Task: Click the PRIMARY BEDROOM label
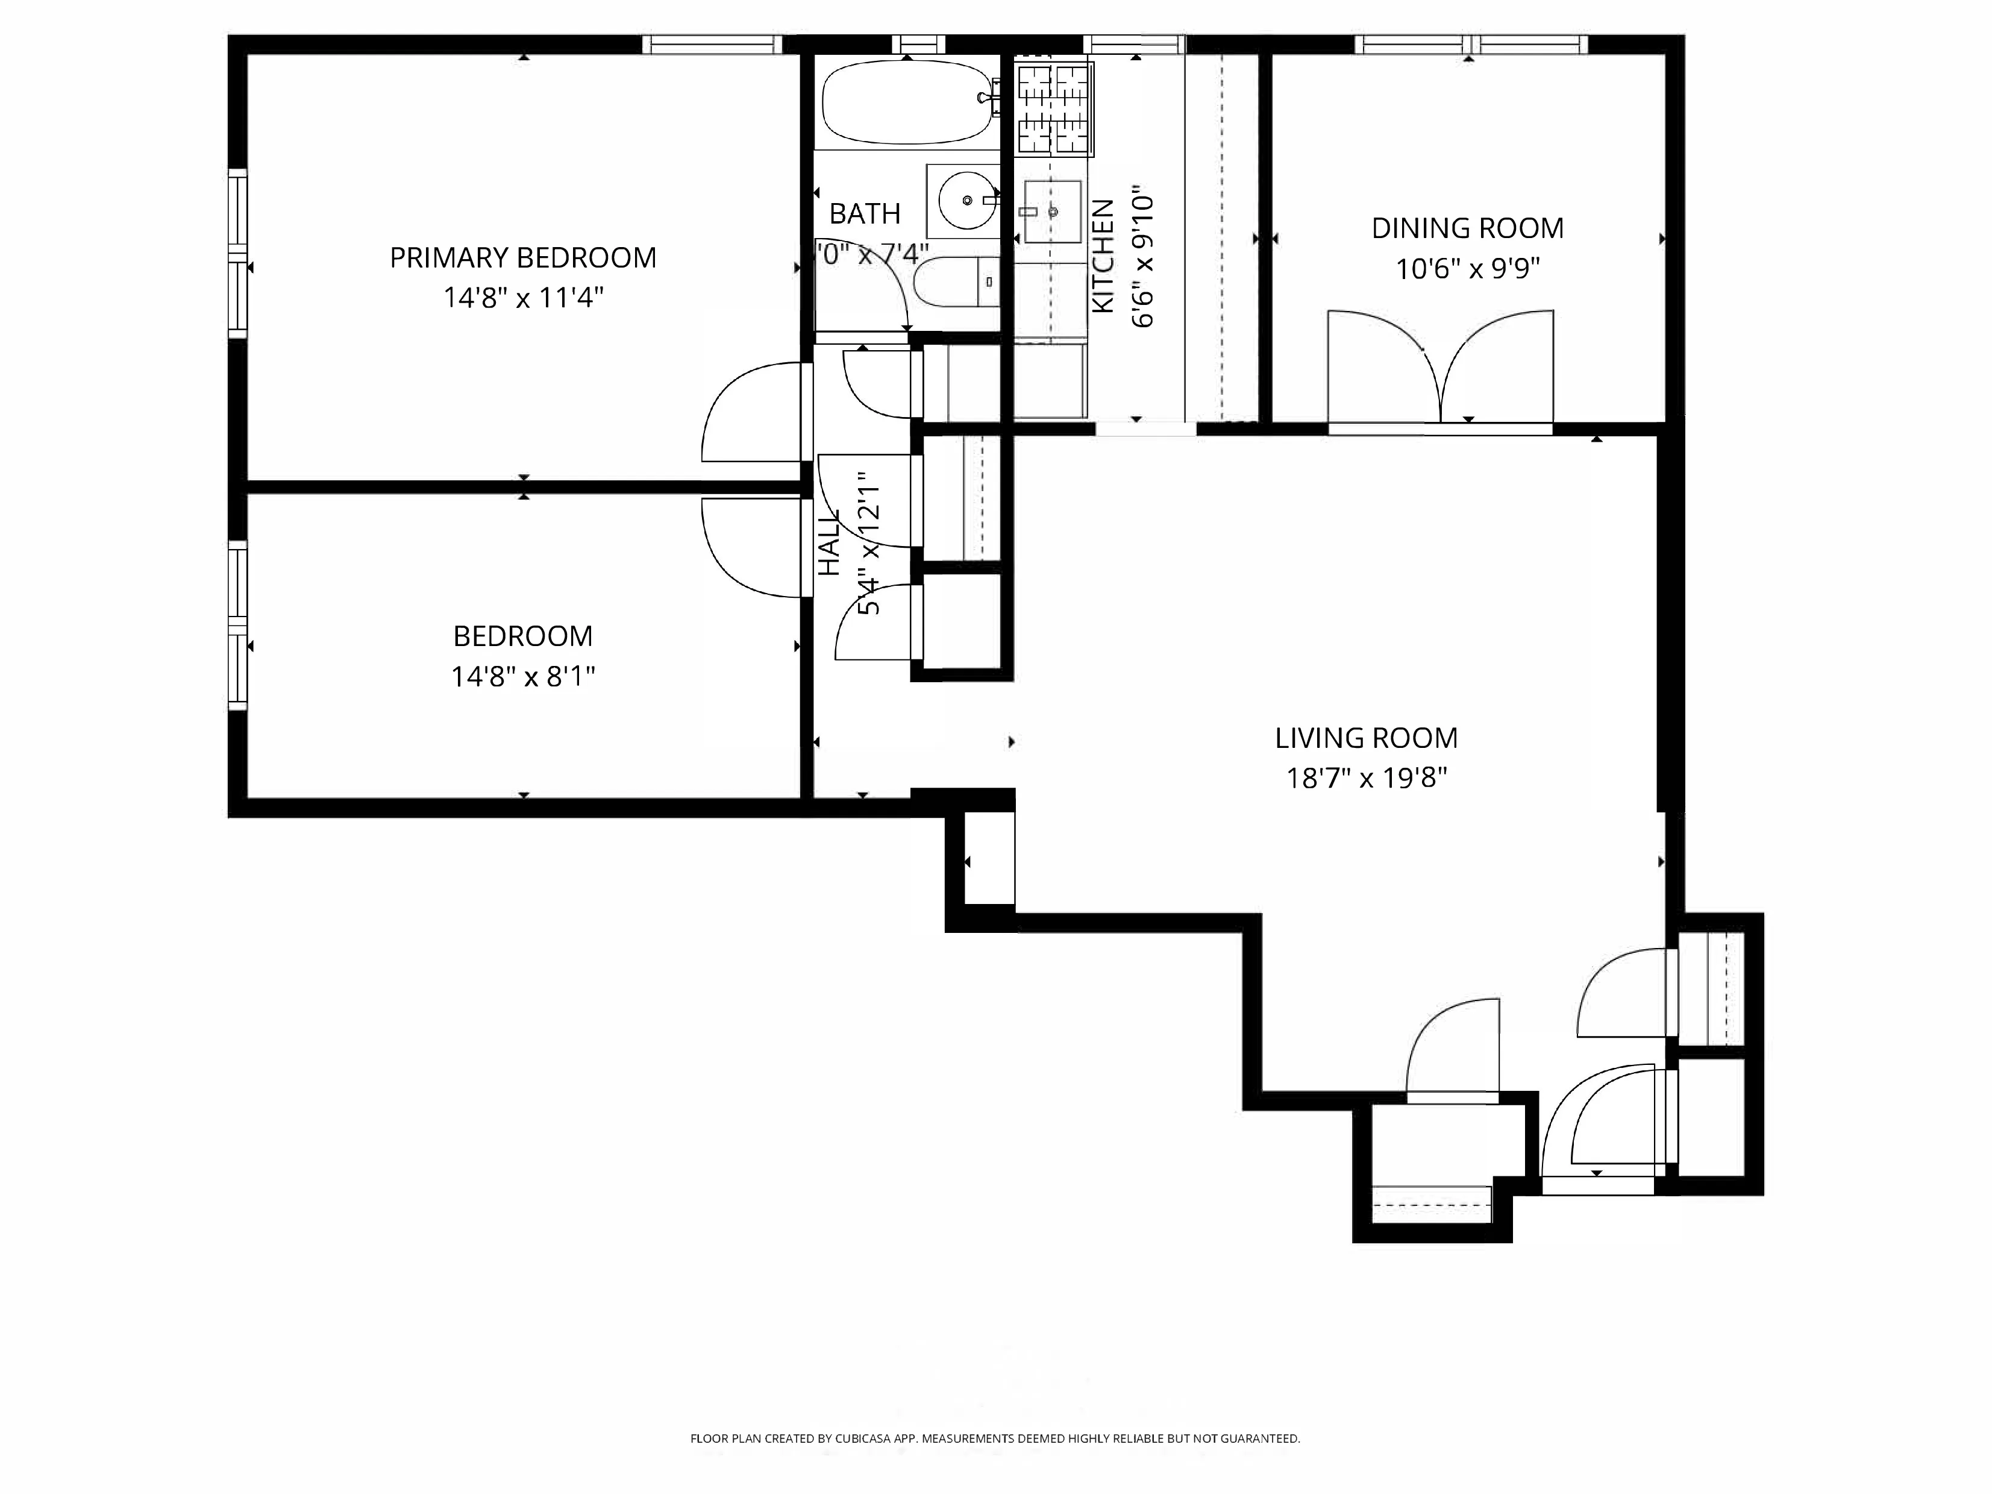pyautogui.click(x=522, y=257)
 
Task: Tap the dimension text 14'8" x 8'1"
pyautogui.click(x=522, y=676)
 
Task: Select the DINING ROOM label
pyautogui.click(x=1467, y=228)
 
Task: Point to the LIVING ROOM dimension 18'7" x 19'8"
pyautogui.click(x=1365, y=777)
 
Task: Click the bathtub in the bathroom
pyautogui.click(x=908, y=102)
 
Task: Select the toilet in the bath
pyautogui.click(x=954, y=282)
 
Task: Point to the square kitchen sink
pyautogui.click(x=1052, y=212)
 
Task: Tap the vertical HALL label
pyautogui.click(x=828, y=542)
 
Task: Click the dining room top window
pyautogui.click(x=1471, y=44)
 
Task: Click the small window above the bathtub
pyautogui.click(x=918, y=44)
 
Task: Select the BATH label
pyautogui.click(x=865, y=213)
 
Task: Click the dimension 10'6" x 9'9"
pyautogui.click(x=1467, y=268)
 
